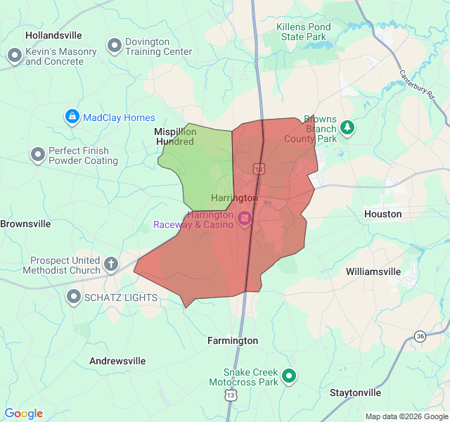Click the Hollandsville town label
(53, 35)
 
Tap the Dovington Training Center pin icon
(114, 46)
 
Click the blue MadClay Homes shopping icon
(72, 117)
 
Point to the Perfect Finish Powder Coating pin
(37, 155)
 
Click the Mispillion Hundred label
(174, 136)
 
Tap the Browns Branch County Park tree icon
(347, 127)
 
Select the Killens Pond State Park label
(303, 32)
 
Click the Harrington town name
(234, 198)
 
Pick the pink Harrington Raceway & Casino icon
(245, 219)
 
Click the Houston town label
(382, 214)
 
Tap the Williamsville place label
(373, 271)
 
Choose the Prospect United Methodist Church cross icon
(110, 264)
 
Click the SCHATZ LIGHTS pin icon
(73, 298)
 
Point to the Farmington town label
(233, 340)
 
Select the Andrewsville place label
(117, 361)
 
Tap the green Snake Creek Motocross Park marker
(288, 376)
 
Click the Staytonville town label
(355, 392)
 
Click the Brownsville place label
(25, 224)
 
